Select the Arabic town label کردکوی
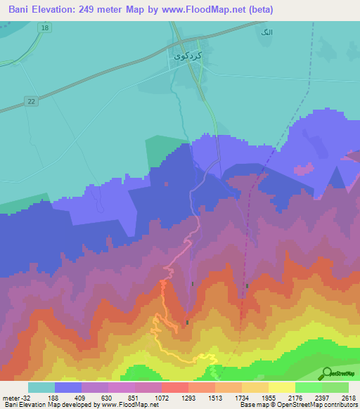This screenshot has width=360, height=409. coord(188,55)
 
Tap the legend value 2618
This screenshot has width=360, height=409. coord(349,397)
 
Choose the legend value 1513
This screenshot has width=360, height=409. coord(214,397)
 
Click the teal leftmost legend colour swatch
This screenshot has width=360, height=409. coord(41,387)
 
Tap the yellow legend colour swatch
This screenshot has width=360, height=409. coord(282,387)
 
